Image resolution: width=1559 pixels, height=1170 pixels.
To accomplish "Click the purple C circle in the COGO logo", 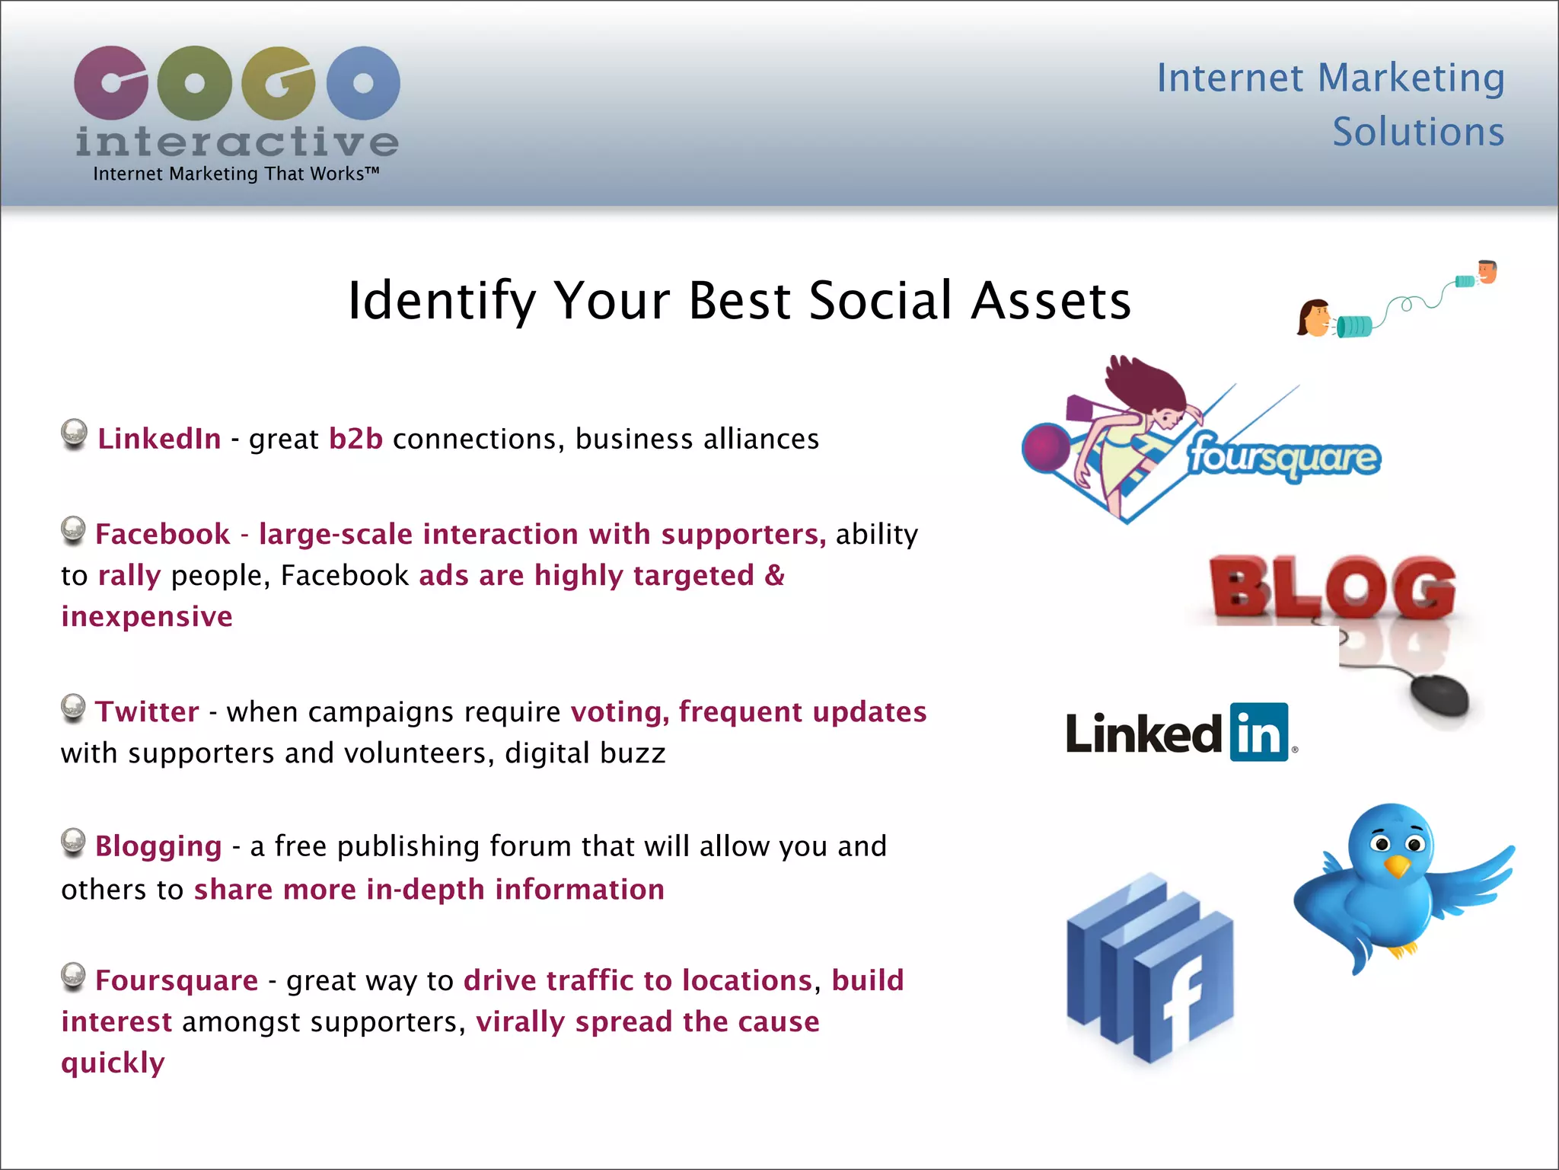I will click(111, 83).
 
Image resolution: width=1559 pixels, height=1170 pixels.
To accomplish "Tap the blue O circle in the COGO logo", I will click(363, 83).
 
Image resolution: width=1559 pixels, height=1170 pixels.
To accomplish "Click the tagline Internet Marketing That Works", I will click(236, 174).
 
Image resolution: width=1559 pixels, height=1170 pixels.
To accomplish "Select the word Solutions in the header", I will click(1417, 133).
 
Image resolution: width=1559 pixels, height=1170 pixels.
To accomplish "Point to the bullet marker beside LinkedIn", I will click(74, 433).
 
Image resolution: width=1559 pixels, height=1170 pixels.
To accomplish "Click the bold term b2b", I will click(355, 440).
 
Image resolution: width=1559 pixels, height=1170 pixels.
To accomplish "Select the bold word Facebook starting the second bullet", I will click(162, 535).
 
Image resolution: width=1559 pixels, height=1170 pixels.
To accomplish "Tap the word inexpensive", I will click(147, 617).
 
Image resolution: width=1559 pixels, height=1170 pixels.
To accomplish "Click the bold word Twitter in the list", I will click(147, 712).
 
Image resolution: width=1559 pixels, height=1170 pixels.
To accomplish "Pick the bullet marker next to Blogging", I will click(73, 842).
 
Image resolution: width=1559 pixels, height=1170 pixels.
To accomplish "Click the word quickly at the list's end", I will click(113, 1063).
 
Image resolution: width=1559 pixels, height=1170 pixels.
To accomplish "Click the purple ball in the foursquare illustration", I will click(1046, 448).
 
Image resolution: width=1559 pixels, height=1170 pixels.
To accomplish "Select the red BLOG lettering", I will click(1332, 587).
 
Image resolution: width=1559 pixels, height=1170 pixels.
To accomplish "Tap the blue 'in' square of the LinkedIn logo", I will click(1259, 732).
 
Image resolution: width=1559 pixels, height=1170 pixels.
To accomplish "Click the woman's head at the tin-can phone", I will click(1314, 318).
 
